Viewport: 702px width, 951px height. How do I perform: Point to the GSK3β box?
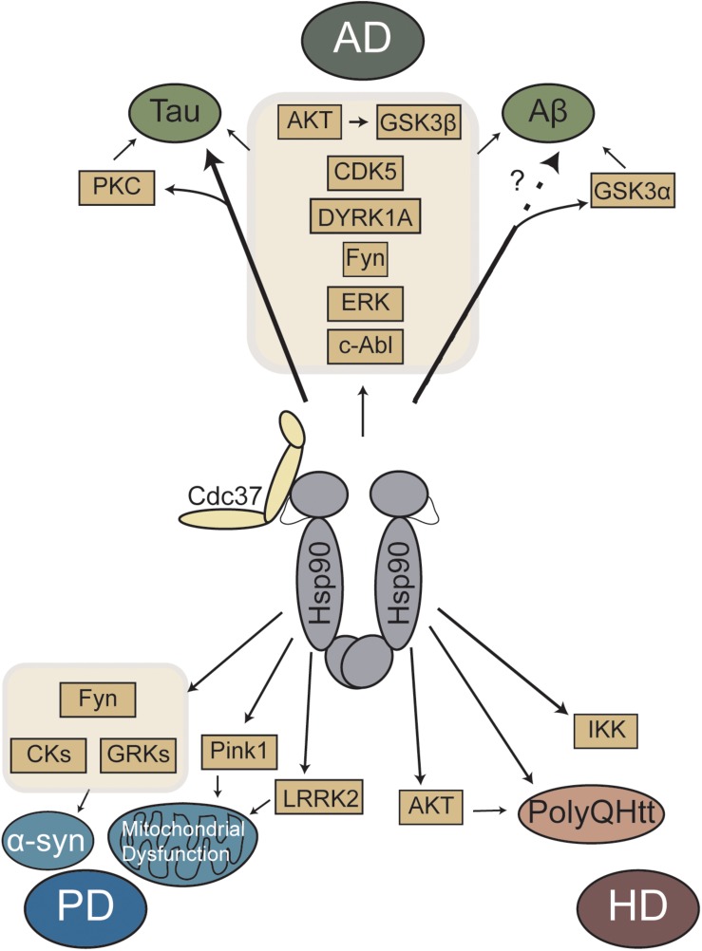418,124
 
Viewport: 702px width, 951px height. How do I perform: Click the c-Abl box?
365,345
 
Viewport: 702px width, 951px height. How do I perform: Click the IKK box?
606,732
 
